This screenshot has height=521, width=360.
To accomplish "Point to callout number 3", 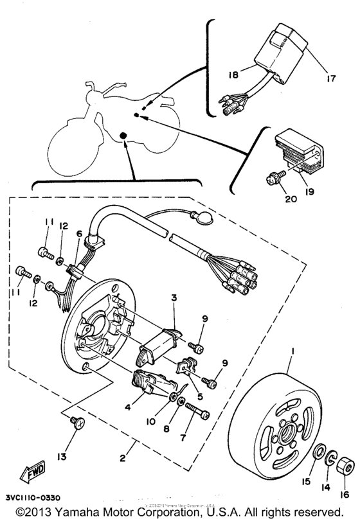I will click(174, 297).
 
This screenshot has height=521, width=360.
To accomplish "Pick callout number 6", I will click(79, 236).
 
